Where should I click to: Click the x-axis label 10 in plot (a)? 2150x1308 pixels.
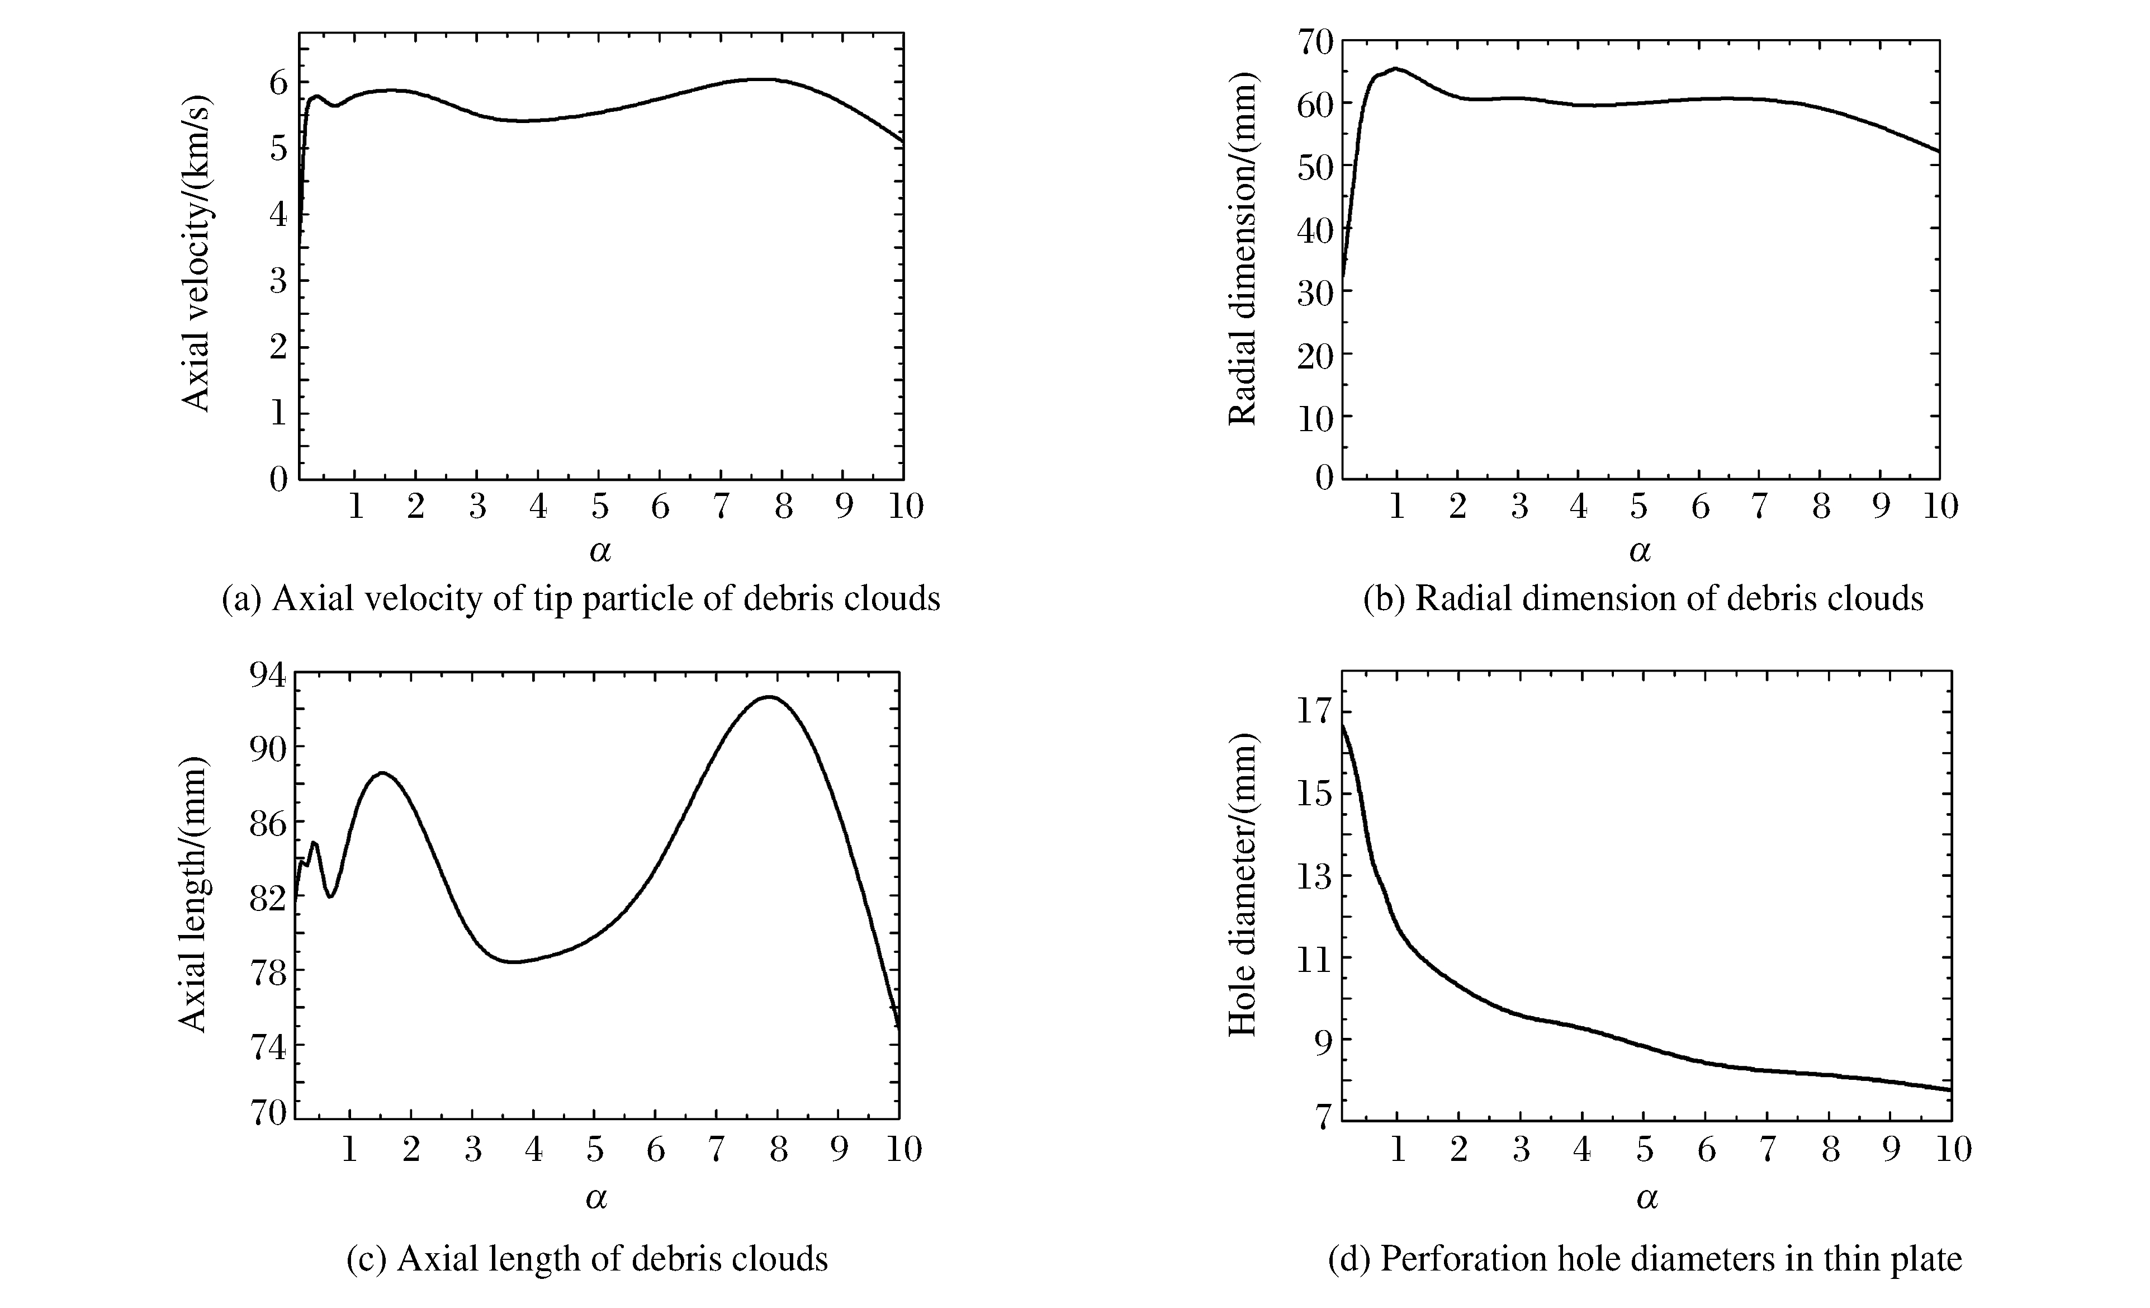point(905,506)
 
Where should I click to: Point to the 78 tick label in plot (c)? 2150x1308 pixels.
point(269,971)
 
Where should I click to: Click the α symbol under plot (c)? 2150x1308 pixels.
point(596,1198)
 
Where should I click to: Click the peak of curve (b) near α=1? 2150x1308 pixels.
point(1396,68)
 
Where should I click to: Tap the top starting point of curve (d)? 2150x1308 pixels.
point(1342,724)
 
